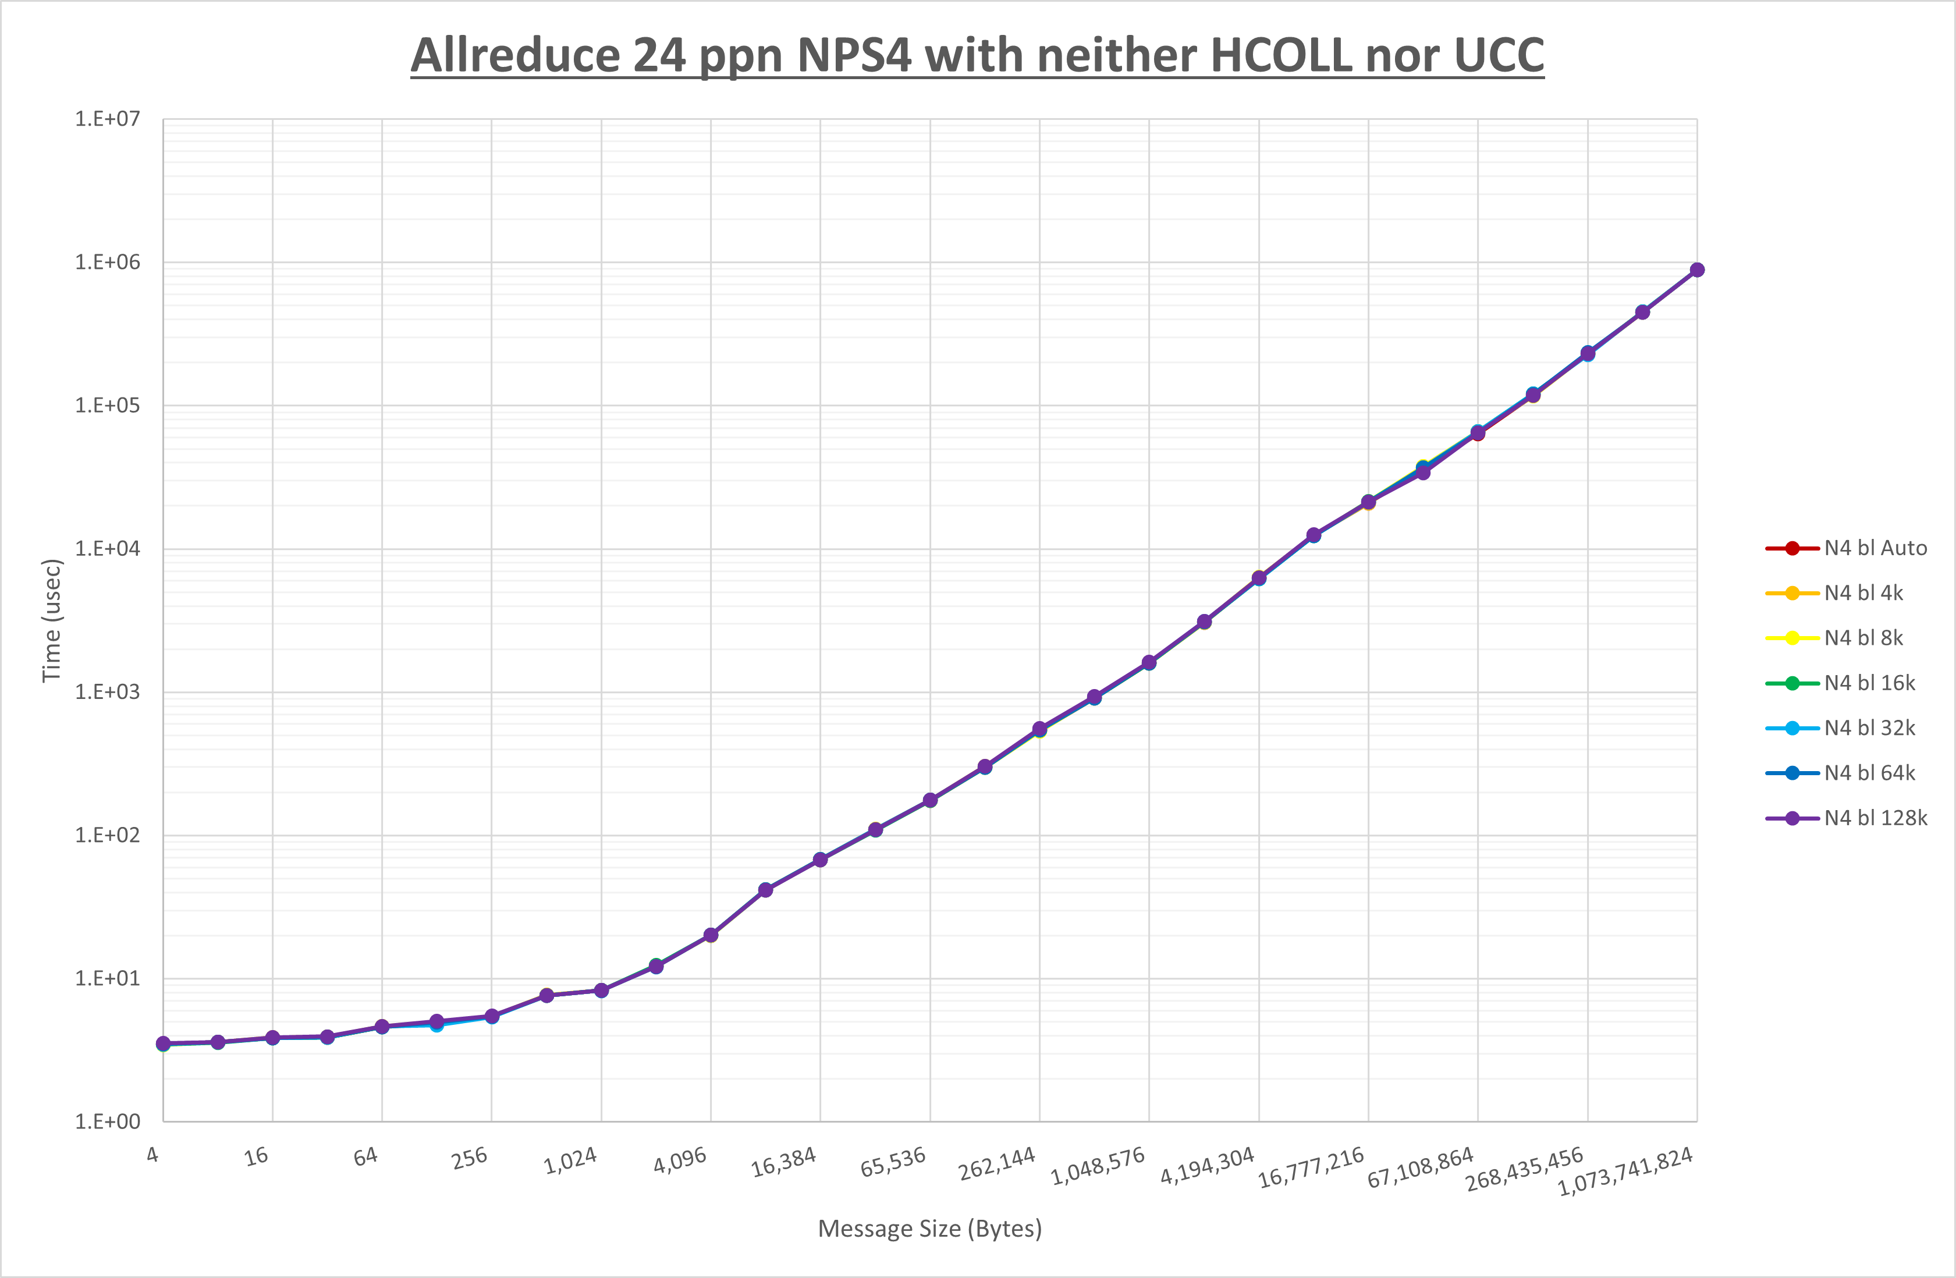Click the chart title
click(977, 55)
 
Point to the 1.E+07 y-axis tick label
click(108, 119)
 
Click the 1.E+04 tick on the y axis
click(108, 549)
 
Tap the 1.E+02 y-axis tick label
click(108, 836)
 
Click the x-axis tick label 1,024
click(570, 1160)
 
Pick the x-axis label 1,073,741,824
click(1625, 1171)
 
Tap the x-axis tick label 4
click(153, 1155)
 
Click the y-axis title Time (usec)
click(51, 620)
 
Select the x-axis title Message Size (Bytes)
click(929, 1229)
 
